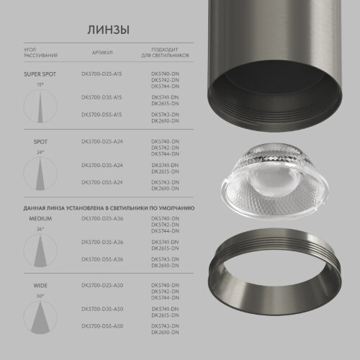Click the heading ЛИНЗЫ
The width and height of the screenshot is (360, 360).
coord(109,30)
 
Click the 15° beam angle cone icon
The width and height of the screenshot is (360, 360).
coord(40,106)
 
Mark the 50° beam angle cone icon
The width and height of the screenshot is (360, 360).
coord(40,317)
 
